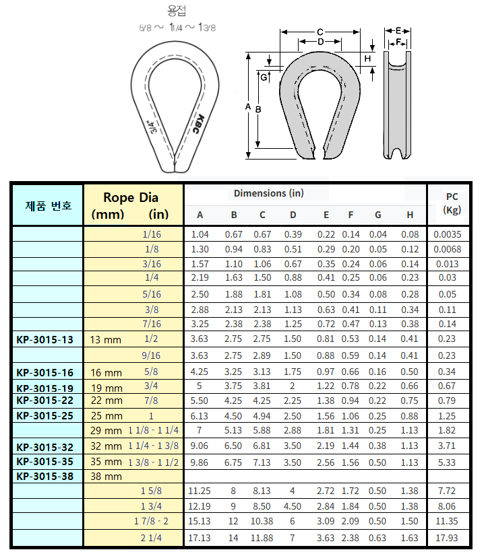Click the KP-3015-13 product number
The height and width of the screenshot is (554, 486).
coord(44,340)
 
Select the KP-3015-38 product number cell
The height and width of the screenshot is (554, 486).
coord(44,477)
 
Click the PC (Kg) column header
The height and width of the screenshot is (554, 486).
coord(452,203)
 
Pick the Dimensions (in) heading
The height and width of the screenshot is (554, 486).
coord(269,193)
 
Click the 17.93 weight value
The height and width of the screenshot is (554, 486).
coord(447,538)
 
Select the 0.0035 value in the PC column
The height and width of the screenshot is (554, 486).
coord(448,234)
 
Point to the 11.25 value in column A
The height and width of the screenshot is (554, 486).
coord(199,491)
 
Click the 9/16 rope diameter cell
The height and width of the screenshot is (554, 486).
coord(151,355)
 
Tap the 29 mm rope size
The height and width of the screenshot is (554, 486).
coord(106,430)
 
